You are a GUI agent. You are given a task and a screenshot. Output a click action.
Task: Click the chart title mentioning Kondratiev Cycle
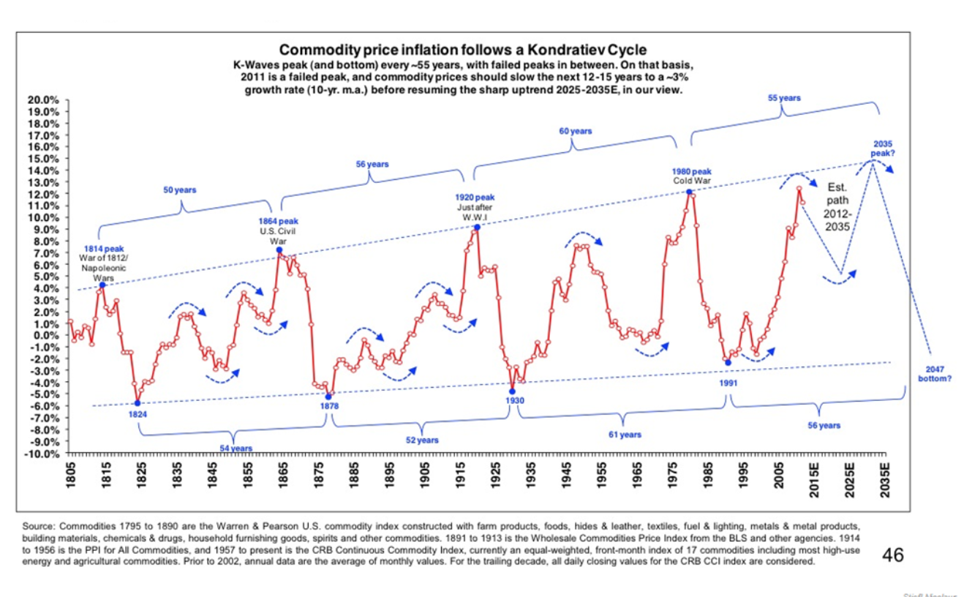tap(463, 50)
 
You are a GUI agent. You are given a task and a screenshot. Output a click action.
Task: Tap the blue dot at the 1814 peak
tap(102, 285)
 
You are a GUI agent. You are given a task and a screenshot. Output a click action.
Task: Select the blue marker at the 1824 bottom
tap(138, 403)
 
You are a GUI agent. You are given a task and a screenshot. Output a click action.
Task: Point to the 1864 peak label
tap(277, 221)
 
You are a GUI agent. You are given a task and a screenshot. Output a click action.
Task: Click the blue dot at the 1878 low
tap(328, 397)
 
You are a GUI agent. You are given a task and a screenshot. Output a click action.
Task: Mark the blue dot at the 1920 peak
tap(477, 228)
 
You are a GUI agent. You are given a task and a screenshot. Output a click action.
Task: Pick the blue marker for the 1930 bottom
tap(512, 391)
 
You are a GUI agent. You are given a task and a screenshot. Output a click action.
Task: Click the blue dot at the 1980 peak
tap(689, 192)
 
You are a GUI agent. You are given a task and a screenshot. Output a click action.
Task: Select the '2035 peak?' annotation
tap(882, 149)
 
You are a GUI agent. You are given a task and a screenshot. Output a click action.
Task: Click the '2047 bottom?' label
tap(935, 374)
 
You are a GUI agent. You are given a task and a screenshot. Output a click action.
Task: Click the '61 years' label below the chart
tap(625, 435)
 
